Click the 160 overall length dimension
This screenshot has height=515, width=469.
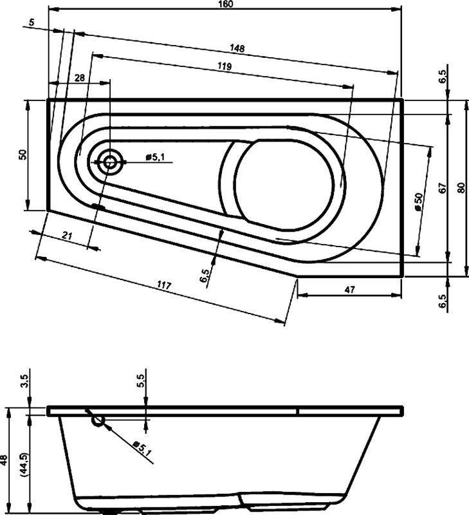tap(225, 4)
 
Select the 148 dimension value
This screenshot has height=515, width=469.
tap(237, 48)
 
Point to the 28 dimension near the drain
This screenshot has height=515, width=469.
tap(80, 77)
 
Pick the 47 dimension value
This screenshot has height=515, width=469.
tap(349, 290)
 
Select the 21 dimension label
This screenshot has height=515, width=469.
tap(66, 236)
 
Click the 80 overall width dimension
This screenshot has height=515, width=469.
tap(460, 188)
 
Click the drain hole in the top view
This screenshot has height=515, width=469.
tap(111, 162)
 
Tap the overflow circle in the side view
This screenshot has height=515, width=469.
tap(98, 421)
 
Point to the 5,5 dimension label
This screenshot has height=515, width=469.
tap(141, 381)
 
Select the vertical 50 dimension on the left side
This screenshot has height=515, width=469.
tap(23, 154)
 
